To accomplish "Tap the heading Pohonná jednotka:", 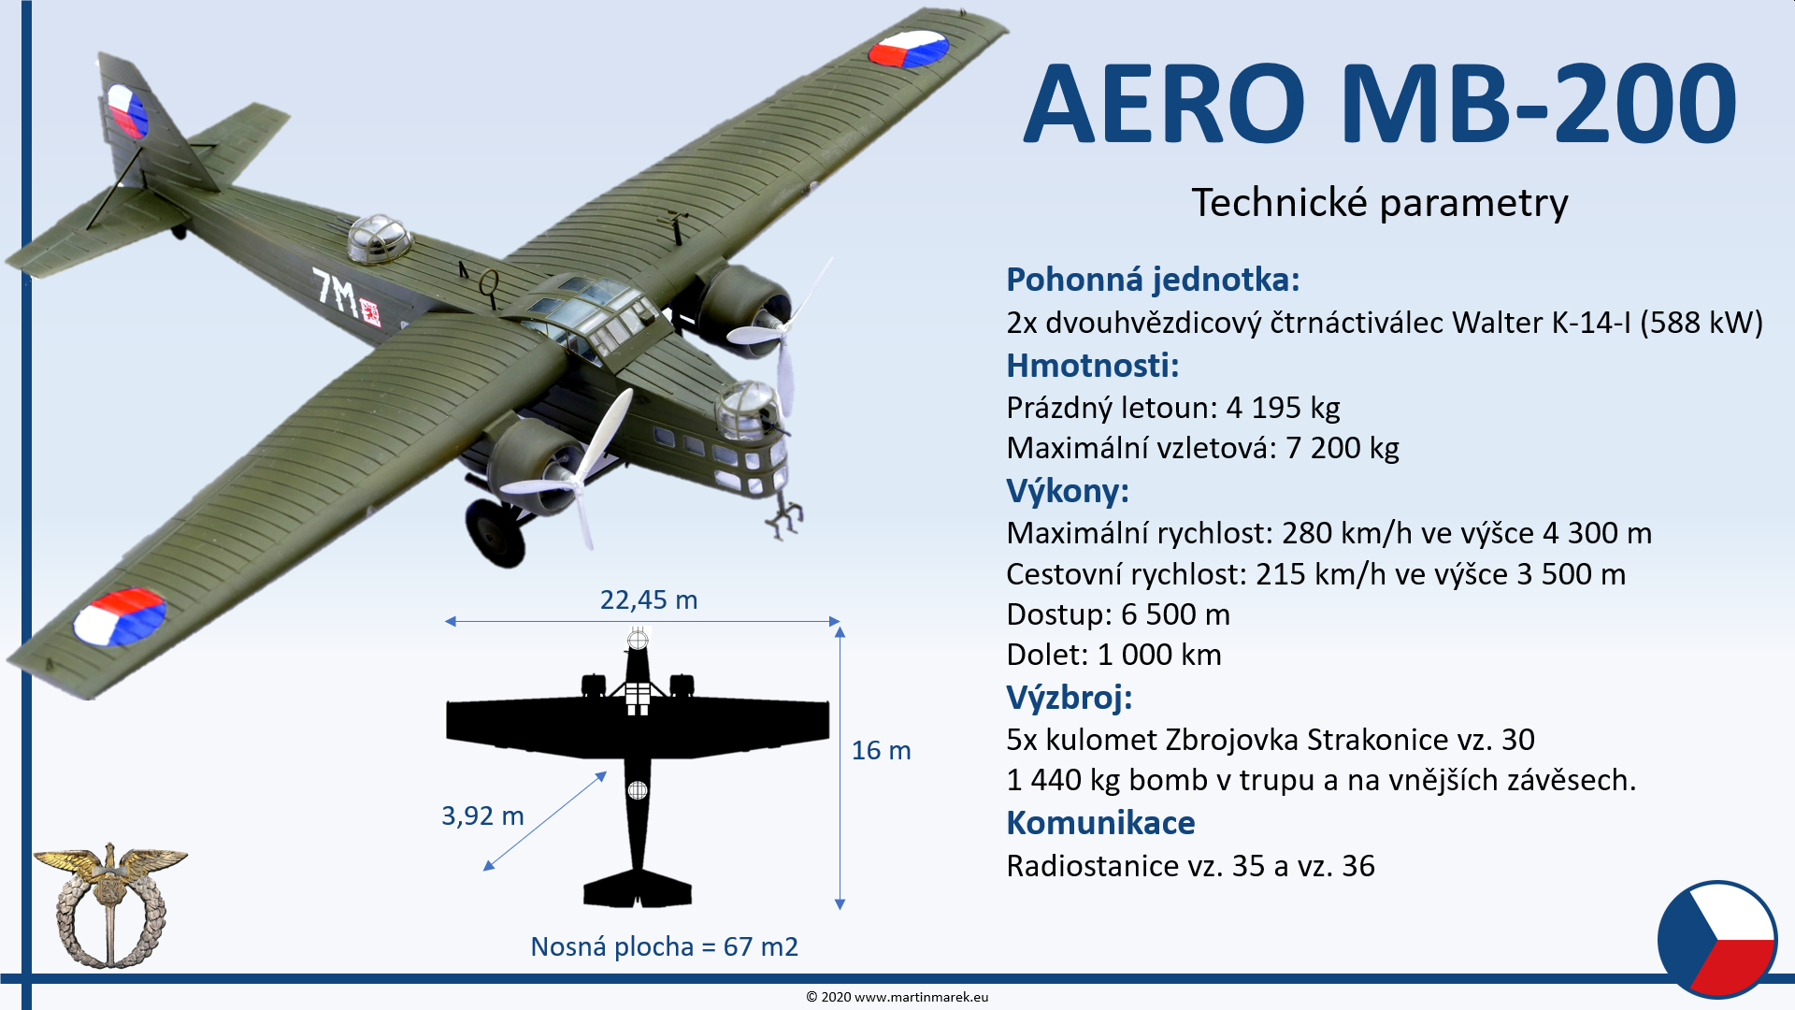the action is [x=1153, y=279].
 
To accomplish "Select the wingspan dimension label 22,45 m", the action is [x=649, y=599].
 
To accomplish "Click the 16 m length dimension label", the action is [x=881, y=750].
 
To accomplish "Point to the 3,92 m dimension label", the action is [x=482, y=815].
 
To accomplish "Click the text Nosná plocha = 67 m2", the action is [x=664, y=946].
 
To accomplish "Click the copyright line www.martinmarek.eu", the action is [x=897, y=997].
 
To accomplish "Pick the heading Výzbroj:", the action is [x=1069, y=698].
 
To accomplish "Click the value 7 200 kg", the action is [x=1343, y=448].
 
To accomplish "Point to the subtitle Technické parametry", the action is [x=1380, y=202].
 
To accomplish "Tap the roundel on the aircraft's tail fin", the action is [x=127, y=111].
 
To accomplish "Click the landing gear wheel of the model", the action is [x=495, y=532].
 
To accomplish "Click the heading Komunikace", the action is [x=1100, y=823].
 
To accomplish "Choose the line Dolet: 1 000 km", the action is [x=1113, y=655].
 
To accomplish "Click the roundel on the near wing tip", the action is [x=120, y=617].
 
